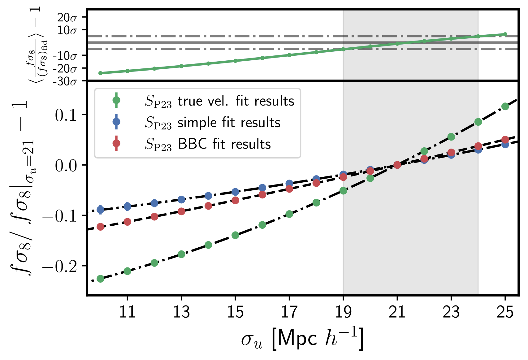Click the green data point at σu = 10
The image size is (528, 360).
pyautogui.click(x=100, y=279)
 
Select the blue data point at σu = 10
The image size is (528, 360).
pyautogui.click(x=100, y=210)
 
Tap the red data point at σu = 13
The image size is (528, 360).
pyautogui.click(x=181, y=211)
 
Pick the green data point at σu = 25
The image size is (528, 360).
pyautogui.click(x=505, y=106)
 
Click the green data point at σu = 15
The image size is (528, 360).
pyautogui.click(x=235, y=235)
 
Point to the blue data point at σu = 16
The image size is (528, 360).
pyautogui.click(x=262, y=188)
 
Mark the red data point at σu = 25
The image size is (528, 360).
pyautogui.click(x=505, y=140)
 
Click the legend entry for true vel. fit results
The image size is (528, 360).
pyautogui.click(x=220, y=101)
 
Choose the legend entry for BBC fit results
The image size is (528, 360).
pyautogui.click(x=208, y=144)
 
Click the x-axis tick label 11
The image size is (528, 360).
pyautogui.click(x=127, y=312)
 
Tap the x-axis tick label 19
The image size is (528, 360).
pyautogui.click(x=343, y=312)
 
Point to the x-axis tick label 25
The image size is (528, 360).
pyautogui.click(x=505, y=312)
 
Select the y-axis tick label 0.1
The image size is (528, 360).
pyautogui.click(x=66, y=115)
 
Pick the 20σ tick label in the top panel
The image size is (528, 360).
pyautogui.click(x=67, y=18)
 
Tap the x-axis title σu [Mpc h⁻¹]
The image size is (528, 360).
pyautogui.click(x=302, y=339)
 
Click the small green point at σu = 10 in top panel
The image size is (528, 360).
pyautogui.click(x=100, y=73)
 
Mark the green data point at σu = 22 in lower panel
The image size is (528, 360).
pyautogui.click(x=424, y=151)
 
